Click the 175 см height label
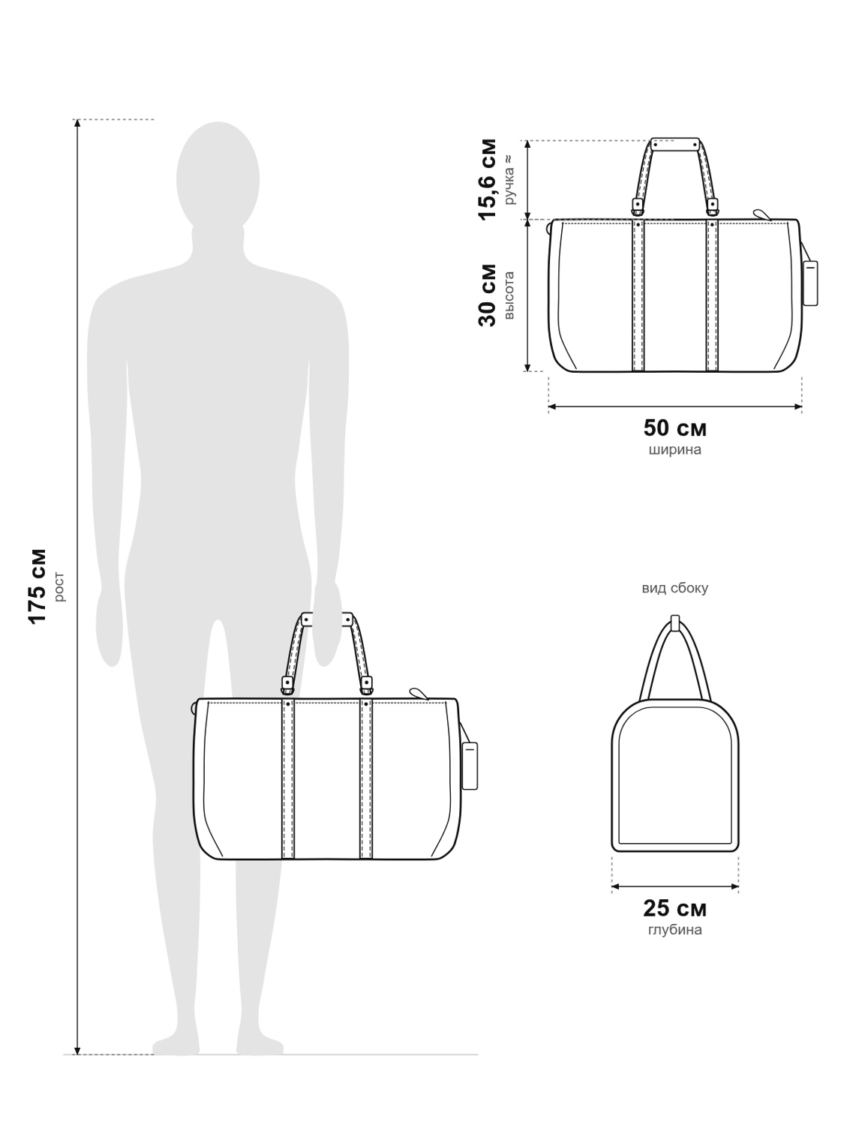point(38,586)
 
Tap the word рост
point(59,586)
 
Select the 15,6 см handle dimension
point(488,179)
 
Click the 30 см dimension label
point(488,295)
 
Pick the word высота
point(509,295)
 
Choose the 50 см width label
point(675,428)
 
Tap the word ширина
point(675,450)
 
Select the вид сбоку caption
point(675,588)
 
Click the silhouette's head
point(218,177)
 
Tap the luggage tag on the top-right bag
point(810,283)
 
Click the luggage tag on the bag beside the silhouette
point(470,766)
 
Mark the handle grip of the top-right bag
point(675,143)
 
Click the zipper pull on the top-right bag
point(762,214)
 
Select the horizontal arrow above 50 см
point(675,407)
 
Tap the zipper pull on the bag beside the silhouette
point(419,693)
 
